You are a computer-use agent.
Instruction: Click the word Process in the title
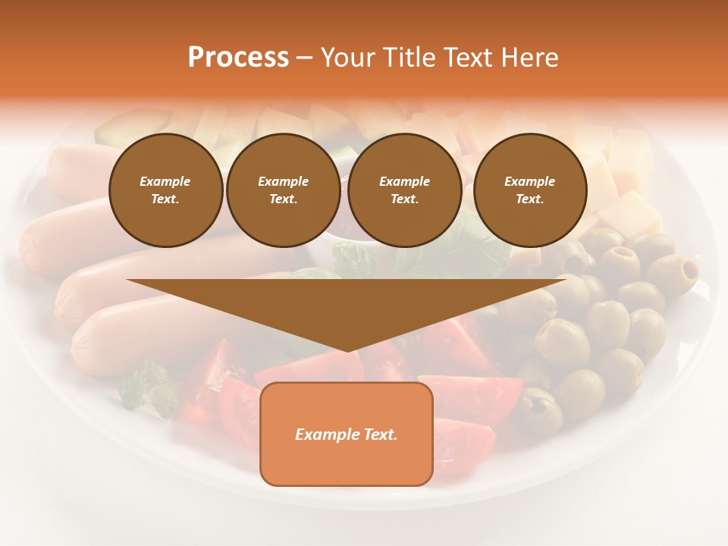click(238, 58)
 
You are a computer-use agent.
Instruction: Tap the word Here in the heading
click(530, 58)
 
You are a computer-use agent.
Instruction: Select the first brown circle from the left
click(165, 190)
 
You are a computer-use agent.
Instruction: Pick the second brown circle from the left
click(283, 190)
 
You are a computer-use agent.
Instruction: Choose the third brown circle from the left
click(404, 190)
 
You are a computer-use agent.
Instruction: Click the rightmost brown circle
click(529, 190)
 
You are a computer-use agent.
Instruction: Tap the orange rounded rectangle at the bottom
click(347, 434)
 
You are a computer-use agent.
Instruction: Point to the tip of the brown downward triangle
click(347, 350)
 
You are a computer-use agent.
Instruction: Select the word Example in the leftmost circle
click(165, 181)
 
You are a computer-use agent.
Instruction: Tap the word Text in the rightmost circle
click(529, 199)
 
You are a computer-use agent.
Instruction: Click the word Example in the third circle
click(404, 181)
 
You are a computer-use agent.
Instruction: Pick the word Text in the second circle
click(283, 199)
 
